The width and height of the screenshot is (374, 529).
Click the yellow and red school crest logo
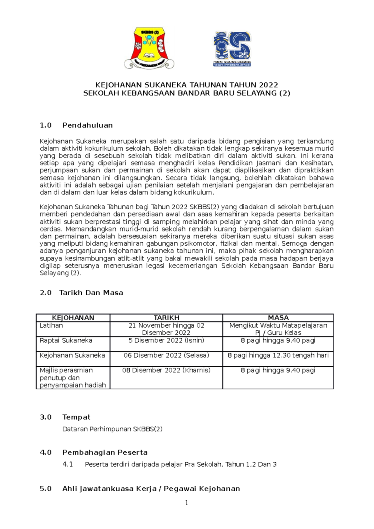pyautogui.click(x=149, y=47)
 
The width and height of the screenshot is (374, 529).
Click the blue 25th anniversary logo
pyautogui.click(x=232, y=48)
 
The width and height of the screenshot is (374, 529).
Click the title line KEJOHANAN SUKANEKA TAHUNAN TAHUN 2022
pyautogui.click(x=186, y=85)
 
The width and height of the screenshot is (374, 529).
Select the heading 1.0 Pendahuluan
pyautogui.click(x=76, y=125)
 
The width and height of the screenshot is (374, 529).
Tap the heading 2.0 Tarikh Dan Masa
pyautogui.click(x=81, y=293)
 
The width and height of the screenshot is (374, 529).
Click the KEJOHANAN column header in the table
pyautogui.click(x=73, y=318)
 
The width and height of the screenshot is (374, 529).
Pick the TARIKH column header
pyautogui.click(x=166, y=318)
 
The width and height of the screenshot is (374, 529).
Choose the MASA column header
pyautogui.click(x=278, y=318)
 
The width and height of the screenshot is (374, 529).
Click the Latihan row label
pyautogui.click(x=51, y=326)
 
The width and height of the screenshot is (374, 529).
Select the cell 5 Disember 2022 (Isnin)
pyautogui.click(x=166, y=341)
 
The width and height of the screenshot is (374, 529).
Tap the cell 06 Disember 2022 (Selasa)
pyautogui.click(x=166, y=355)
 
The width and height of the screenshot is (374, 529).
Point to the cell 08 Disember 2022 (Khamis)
pyautogui.click(x=166, y=370)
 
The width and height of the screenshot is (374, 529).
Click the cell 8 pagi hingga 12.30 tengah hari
pyautogui.click(x=278, y=355)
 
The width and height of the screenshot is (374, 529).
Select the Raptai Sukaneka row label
pyautogui.click(x=66, y=341)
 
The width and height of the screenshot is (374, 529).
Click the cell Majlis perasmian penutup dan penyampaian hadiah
pyautogui.click(x=73, y=378)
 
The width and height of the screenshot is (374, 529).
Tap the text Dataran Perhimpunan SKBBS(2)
pyautogui.click(x=112, y=429)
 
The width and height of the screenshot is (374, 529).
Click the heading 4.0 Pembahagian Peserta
pyautogui.click(x=93, y=452)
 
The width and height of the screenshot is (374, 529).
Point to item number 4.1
pyautogui.click(x=68, y=464)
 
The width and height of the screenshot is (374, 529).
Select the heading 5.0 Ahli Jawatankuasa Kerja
pyautogui.click(x=140, y=488)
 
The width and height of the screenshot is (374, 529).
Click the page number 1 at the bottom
pyautogui.click(x=186, y=503)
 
